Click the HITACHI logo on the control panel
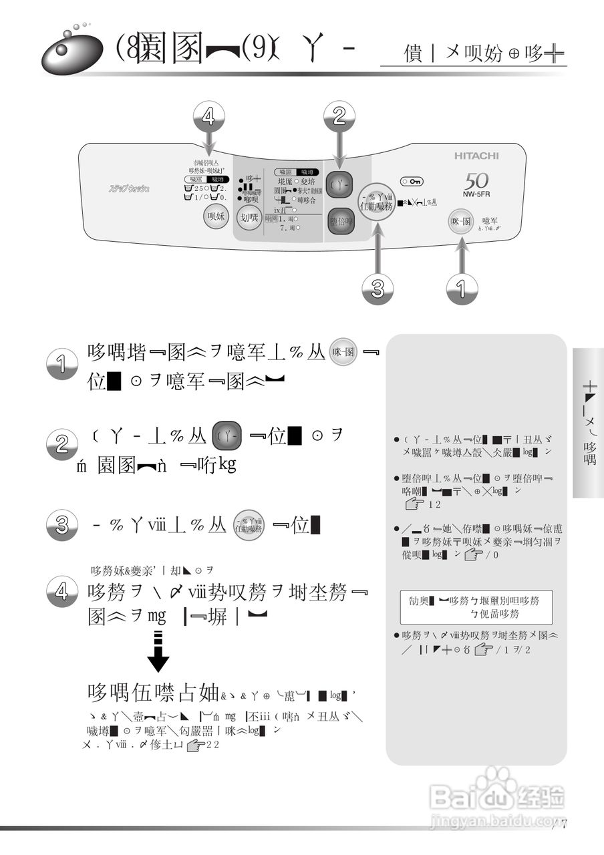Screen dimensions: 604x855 [476, 156]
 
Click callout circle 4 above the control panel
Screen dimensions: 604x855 [208, 118]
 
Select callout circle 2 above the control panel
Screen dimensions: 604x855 [339, 118]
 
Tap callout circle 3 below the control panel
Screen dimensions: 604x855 [377, 288]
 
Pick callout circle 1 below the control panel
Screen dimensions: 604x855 [462, 288]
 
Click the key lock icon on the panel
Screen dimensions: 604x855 [411, 182]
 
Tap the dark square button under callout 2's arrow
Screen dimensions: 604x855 [339, 185]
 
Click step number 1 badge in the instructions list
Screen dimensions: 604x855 [62, 364]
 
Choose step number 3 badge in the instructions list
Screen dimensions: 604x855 [62, 525]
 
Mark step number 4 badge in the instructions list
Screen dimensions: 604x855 [62, 592]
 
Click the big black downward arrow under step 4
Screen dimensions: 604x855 [158, 651]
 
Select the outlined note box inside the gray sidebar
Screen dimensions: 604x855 [476, 607]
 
